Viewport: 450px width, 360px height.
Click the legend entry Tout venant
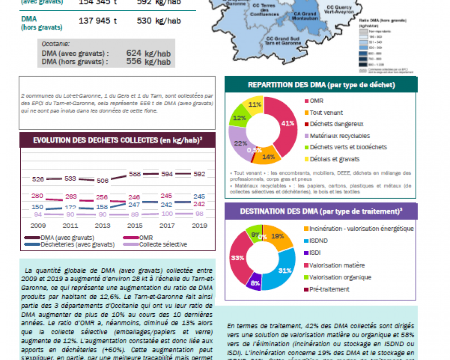point(326,112)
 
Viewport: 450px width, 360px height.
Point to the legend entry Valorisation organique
point(340,277)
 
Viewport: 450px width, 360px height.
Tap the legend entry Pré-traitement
point(329,289)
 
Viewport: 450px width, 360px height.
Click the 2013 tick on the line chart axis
point(103,225)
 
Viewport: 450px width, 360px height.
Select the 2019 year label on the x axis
point(199,225)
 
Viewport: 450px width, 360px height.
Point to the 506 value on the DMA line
point(103,180)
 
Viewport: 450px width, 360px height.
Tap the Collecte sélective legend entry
point(163,244)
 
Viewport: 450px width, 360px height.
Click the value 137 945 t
point(98,21)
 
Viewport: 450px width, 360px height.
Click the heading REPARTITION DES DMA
point(321,85)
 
